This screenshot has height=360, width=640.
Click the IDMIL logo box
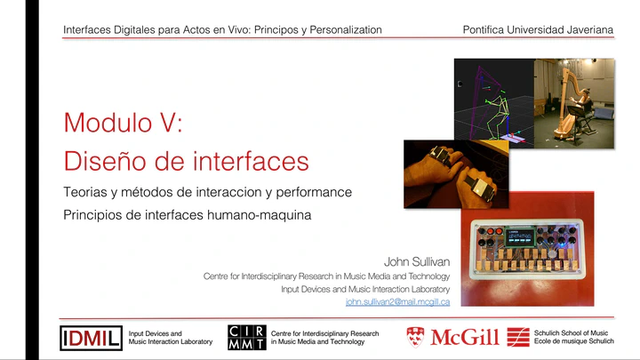91,338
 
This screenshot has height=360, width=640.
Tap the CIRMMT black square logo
247,338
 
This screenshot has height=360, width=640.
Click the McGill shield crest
415,337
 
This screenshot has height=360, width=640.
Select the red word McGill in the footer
465,337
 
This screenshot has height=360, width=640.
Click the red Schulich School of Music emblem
518,337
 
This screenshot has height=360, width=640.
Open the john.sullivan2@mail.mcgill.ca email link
397,302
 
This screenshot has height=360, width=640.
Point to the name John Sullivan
417,261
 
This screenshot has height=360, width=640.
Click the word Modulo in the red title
108,123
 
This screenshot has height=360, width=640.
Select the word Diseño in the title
105,161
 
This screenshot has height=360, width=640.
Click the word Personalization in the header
346,30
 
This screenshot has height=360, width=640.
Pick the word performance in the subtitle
314,192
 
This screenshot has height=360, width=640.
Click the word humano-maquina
259,215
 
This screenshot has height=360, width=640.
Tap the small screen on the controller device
520,236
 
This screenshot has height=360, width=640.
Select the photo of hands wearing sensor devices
456,174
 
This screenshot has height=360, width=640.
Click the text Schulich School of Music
571,333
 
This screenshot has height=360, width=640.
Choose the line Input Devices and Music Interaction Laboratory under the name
365,290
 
